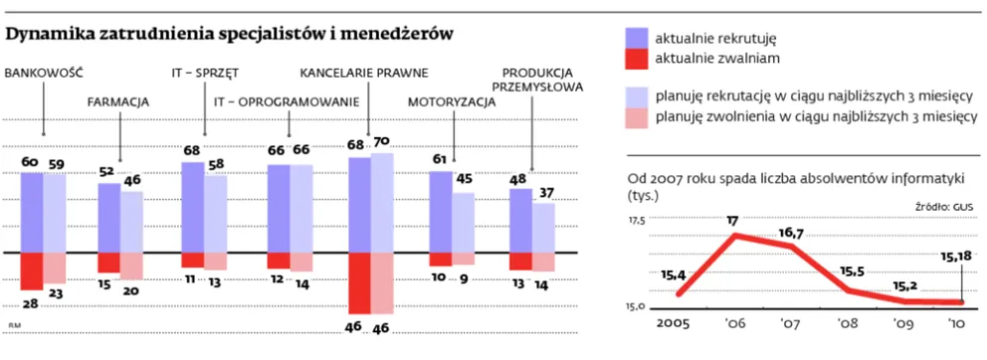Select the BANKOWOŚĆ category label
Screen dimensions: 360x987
click(x=43, y=73)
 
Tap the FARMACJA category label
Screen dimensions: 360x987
click(x=118, y=101)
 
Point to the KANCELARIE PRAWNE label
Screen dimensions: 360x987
click(x=364, y=73)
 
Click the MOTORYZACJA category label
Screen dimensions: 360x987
click(x=453, y=101)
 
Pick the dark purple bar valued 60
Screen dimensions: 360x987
click(x=33, y=212)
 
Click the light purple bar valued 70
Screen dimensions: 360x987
click(x=381, y=203)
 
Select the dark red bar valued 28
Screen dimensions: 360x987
click(x=33, y=270)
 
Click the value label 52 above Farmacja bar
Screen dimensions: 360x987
click(x=106, y=171)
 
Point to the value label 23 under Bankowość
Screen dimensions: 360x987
click(x=57, y=293)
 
